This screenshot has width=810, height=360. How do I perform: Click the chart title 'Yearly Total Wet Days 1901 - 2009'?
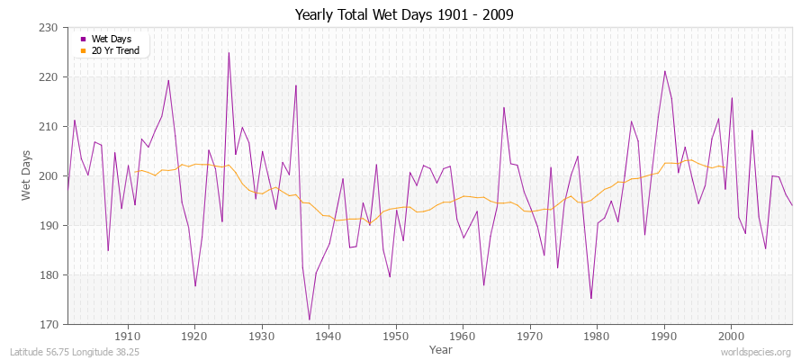click(405, 15)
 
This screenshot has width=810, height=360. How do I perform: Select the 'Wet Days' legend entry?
click(111, 39)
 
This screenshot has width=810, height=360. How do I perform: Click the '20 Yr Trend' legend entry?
click(114, 49)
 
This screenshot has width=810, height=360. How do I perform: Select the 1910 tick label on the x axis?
click(128, 336)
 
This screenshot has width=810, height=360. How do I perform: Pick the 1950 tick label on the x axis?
click(396, 336)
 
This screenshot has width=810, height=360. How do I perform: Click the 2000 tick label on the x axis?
click(731, 336)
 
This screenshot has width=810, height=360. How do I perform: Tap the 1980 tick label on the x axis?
click(597, 336)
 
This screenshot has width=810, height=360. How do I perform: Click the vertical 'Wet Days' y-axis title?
click(27, 176)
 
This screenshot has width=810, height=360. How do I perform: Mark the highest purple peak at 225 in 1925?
click(229, 52)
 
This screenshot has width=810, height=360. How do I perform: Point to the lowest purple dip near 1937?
click(309, 319)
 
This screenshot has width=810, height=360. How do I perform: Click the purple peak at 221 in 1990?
click(664, 71)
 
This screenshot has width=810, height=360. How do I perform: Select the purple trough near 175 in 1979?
click(590, 298)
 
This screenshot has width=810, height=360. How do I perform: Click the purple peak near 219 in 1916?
click(168, 81)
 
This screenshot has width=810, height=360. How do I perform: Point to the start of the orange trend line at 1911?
click(135, 171)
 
